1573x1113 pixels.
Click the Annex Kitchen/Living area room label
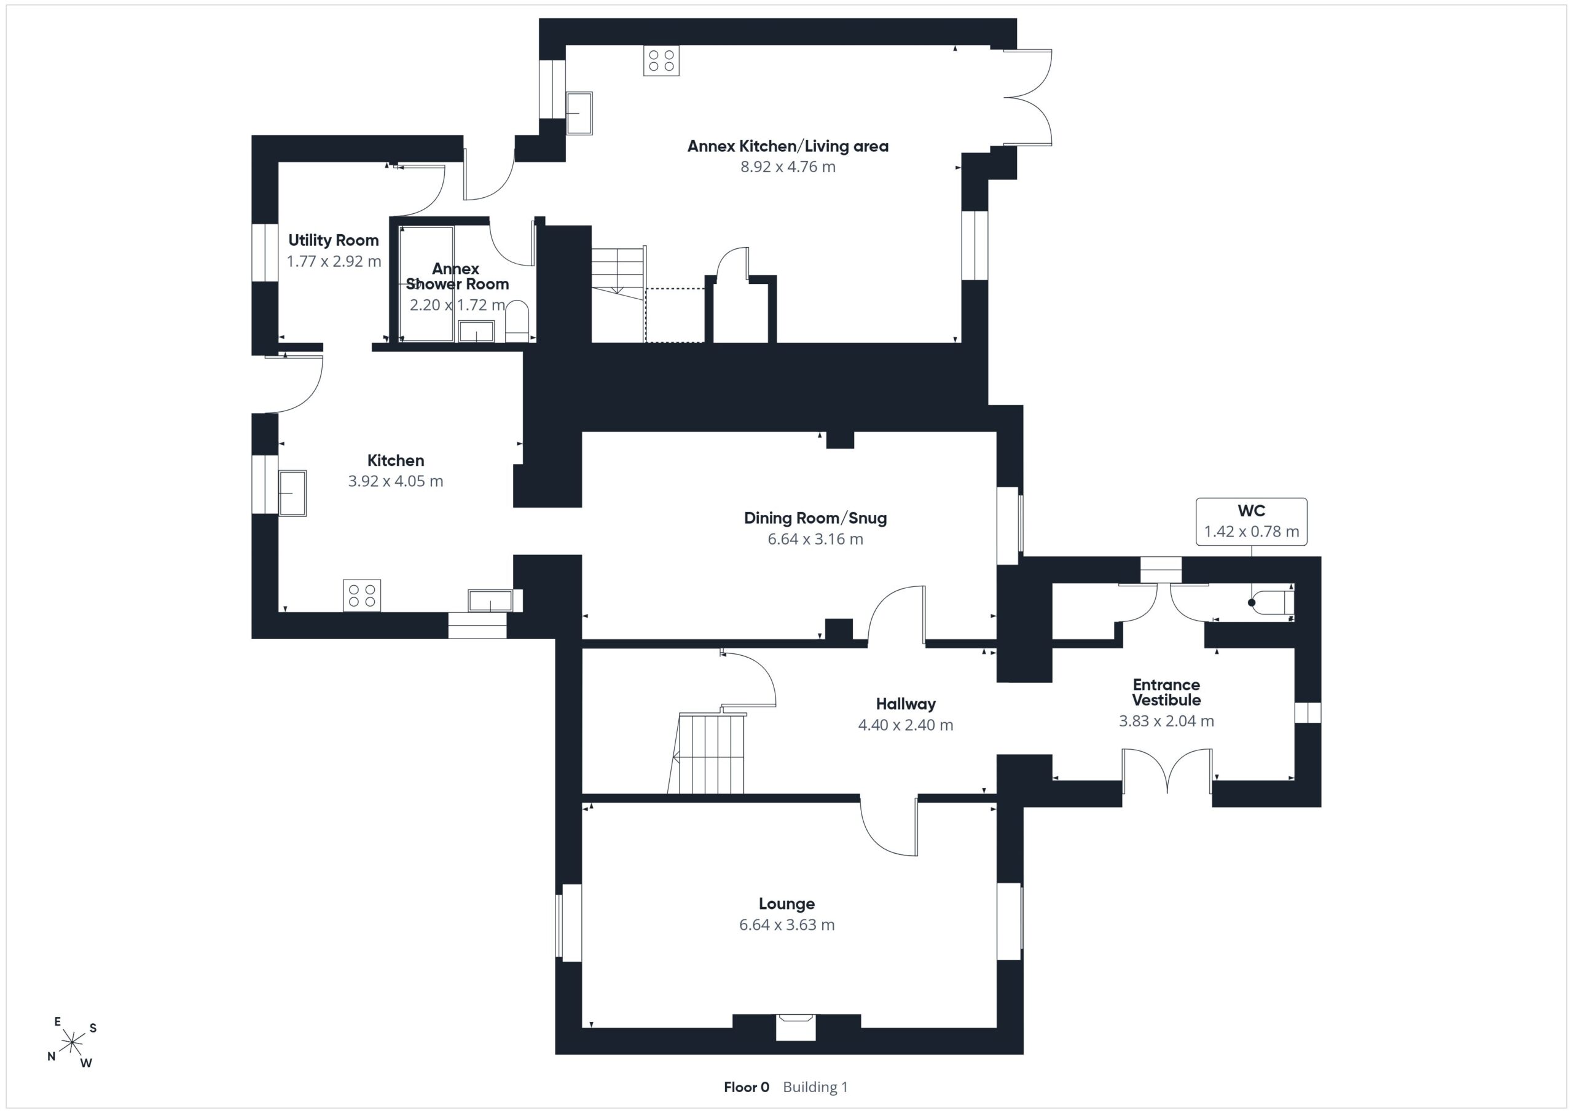[788, 146]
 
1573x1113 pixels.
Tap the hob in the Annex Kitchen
[661, 60]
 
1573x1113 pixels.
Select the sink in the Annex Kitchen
[579, 113]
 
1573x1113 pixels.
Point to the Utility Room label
[334, 240]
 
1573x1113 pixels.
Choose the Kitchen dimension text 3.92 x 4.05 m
[396, 481]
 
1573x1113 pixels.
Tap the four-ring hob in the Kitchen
[362, 596]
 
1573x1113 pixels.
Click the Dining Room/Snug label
[815, 518]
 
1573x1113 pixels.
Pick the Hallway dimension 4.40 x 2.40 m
[906, 725]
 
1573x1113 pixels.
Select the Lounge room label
[786, 904]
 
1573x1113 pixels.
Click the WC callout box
[1252, 522]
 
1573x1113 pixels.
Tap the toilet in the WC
[1271, 603]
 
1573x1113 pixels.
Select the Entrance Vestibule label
[1166, 692]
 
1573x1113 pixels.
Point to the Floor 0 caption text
[746, 1087]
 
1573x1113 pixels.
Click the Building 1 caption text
[815, 1087]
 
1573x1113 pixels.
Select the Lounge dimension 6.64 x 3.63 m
[786, 924]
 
